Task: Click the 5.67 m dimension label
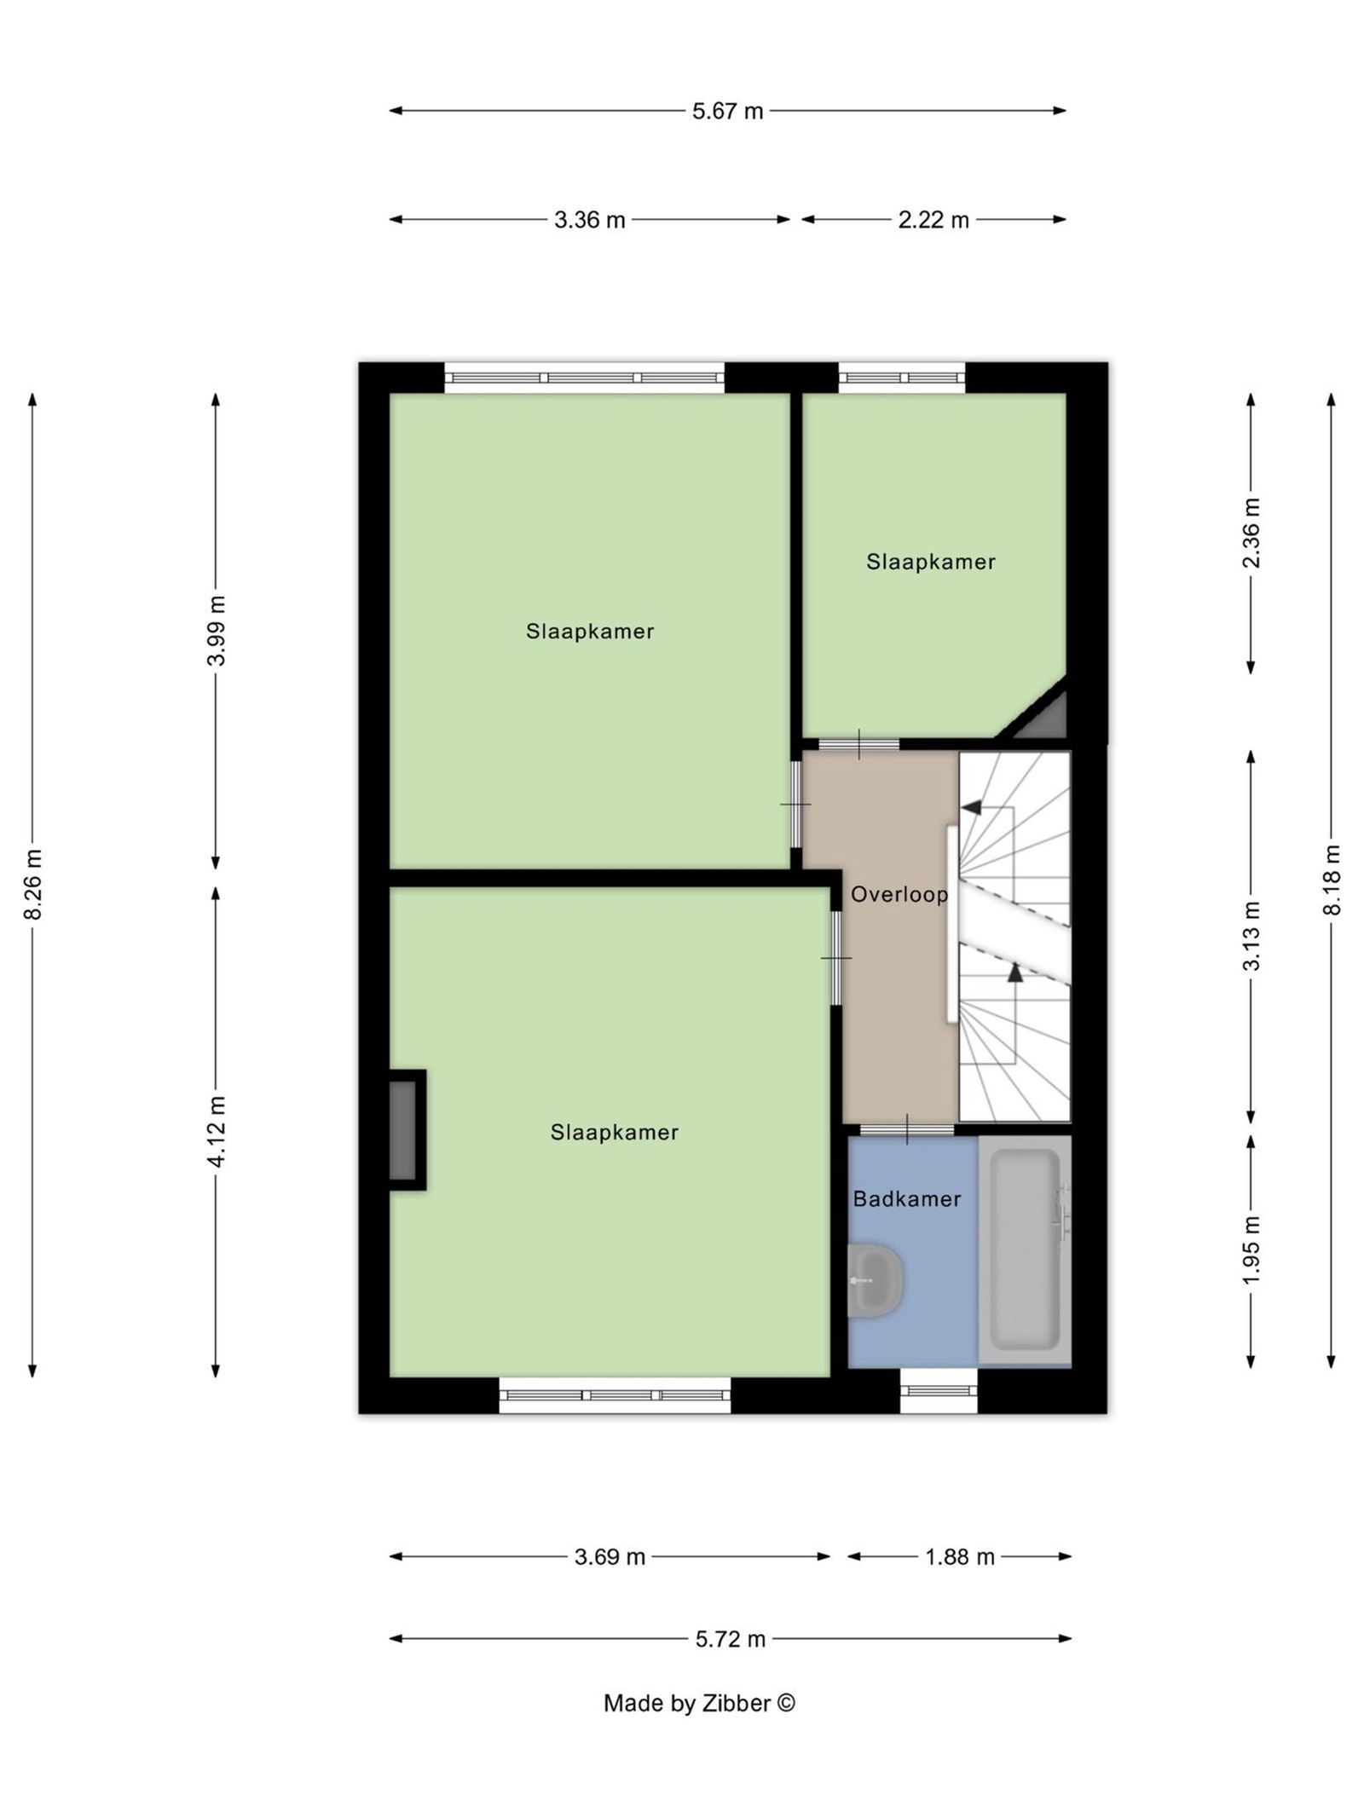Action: (x=726, y=111)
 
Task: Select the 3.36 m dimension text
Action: (x=589, y=220)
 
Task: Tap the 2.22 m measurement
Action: (x=933, y=220)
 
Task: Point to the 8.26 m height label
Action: (x=33, y=884)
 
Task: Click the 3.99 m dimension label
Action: (x=217, y=631)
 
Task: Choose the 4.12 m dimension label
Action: (x=217, y=1131)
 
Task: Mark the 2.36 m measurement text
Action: (x=1250, y=533)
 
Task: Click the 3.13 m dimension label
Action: (x=1250, y=935)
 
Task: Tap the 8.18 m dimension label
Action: (x=1331, y=880)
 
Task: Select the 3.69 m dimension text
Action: (x=609, y=1557)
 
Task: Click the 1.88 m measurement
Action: (x=959, y=1557)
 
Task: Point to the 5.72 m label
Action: (x=730, y=1639)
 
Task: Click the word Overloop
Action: (x=899, y=894)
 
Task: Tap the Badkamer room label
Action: (x=906, y=1199)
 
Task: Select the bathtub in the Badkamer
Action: (x=1024, y=1250)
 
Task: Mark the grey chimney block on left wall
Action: (x=403, y=1129)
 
